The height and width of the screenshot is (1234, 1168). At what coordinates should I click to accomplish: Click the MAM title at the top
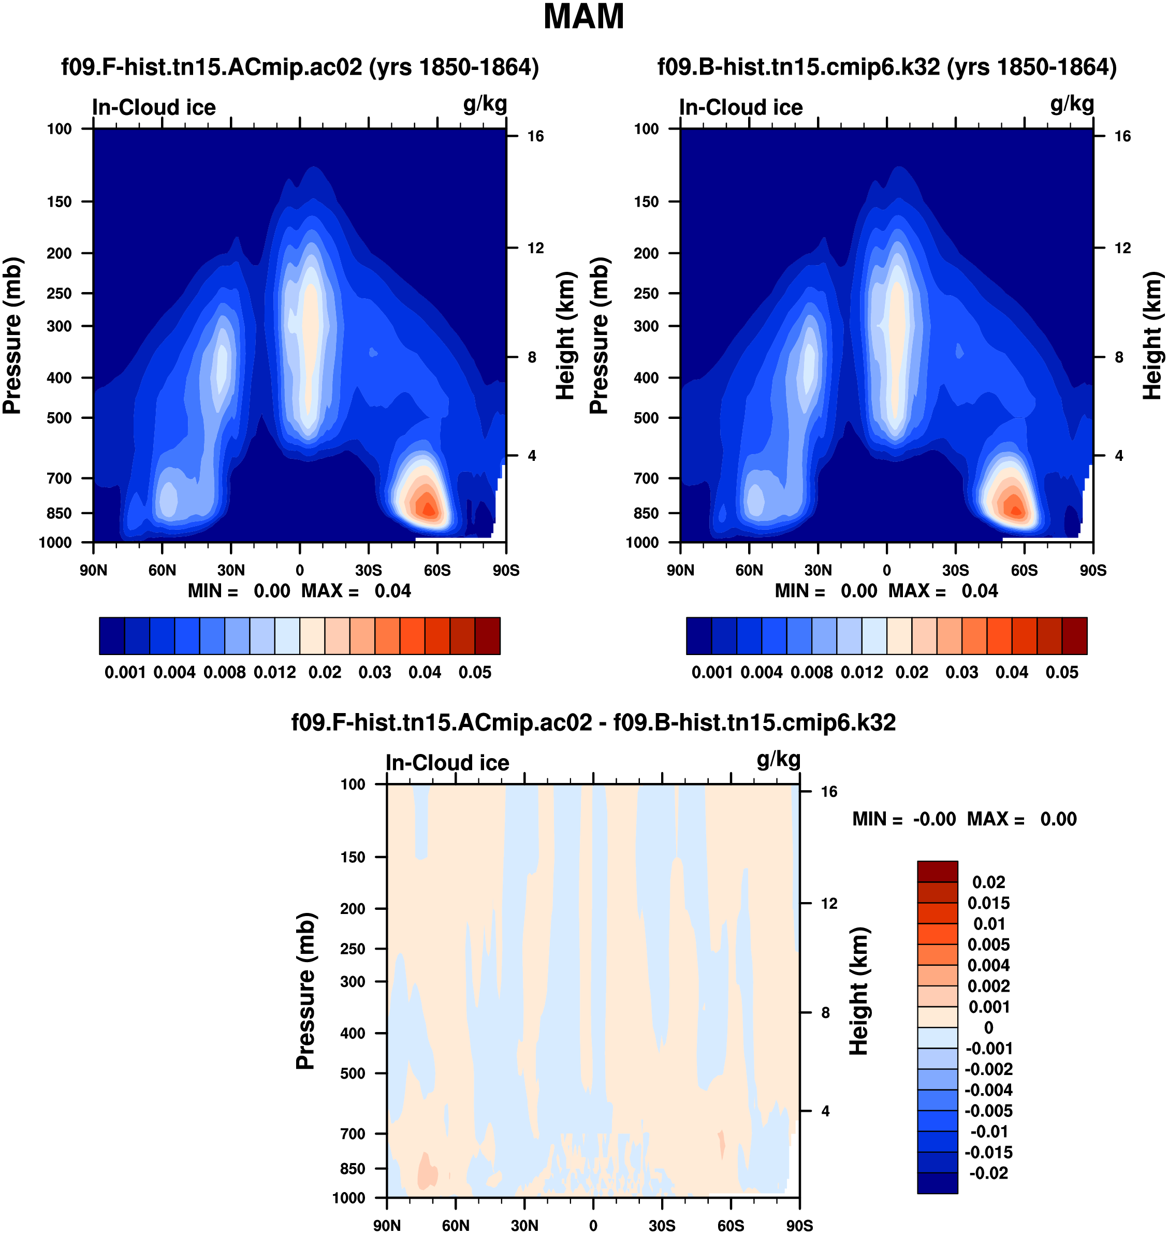[583, 17]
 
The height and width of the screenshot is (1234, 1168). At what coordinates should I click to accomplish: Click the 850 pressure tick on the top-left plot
[59, 514]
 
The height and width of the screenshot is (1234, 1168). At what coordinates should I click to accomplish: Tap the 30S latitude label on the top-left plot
[369, 570]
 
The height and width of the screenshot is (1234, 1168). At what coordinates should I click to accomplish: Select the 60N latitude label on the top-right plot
[749, 570]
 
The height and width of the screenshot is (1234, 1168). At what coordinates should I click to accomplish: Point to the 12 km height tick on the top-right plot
[1122, 249]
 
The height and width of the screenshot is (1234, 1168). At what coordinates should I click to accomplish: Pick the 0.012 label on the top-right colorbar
[862, 673]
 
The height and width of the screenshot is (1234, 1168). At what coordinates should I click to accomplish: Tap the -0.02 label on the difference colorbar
[989, 1173]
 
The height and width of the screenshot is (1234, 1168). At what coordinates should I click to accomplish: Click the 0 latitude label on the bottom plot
[593, 1225]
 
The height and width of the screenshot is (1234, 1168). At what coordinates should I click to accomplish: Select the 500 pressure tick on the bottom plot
[353, 1073]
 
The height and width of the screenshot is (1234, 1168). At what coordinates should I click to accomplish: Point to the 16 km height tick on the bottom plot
[829, 792]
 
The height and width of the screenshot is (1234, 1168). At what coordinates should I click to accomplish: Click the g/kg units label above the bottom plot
[778, 760]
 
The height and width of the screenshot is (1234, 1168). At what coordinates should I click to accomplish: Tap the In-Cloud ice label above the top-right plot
[741, 108]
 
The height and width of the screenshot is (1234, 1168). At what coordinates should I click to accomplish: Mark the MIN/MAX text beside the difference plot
[965, 819]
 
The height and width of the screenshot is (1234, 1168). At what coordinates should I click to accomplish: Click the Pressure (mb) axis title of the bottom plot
[305, 991]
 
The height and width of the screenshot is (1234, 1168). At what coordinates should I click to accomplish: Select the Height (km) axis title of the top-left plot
[565, 336]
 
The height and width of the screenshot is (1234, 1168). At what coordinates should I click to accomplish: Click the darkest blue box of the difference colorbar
[937, 1182]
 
